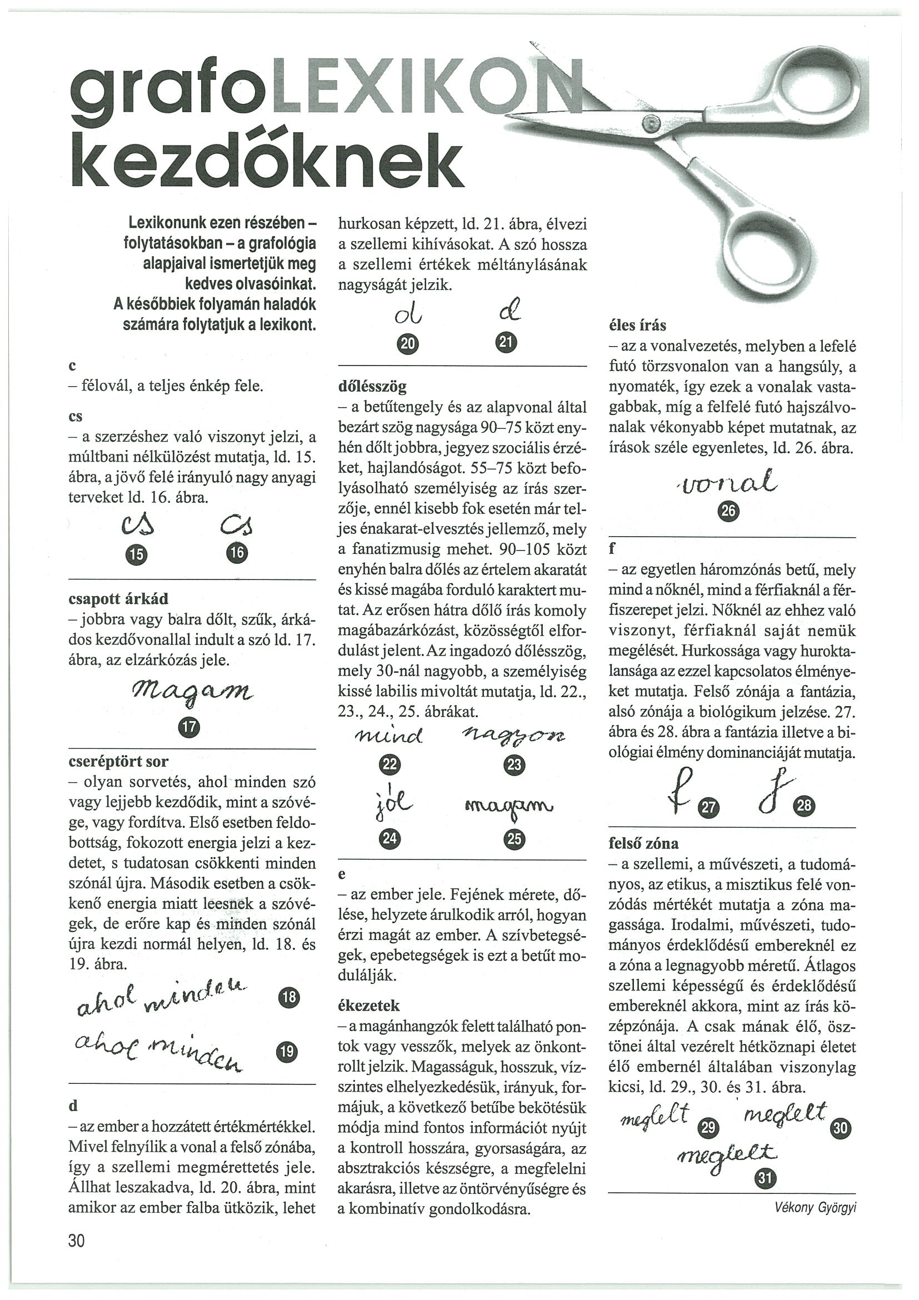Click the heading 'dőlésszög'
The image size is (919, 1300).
click(x=372, y=387)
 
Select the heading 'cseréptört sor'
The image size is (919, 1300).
click(x=118, y=761)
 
